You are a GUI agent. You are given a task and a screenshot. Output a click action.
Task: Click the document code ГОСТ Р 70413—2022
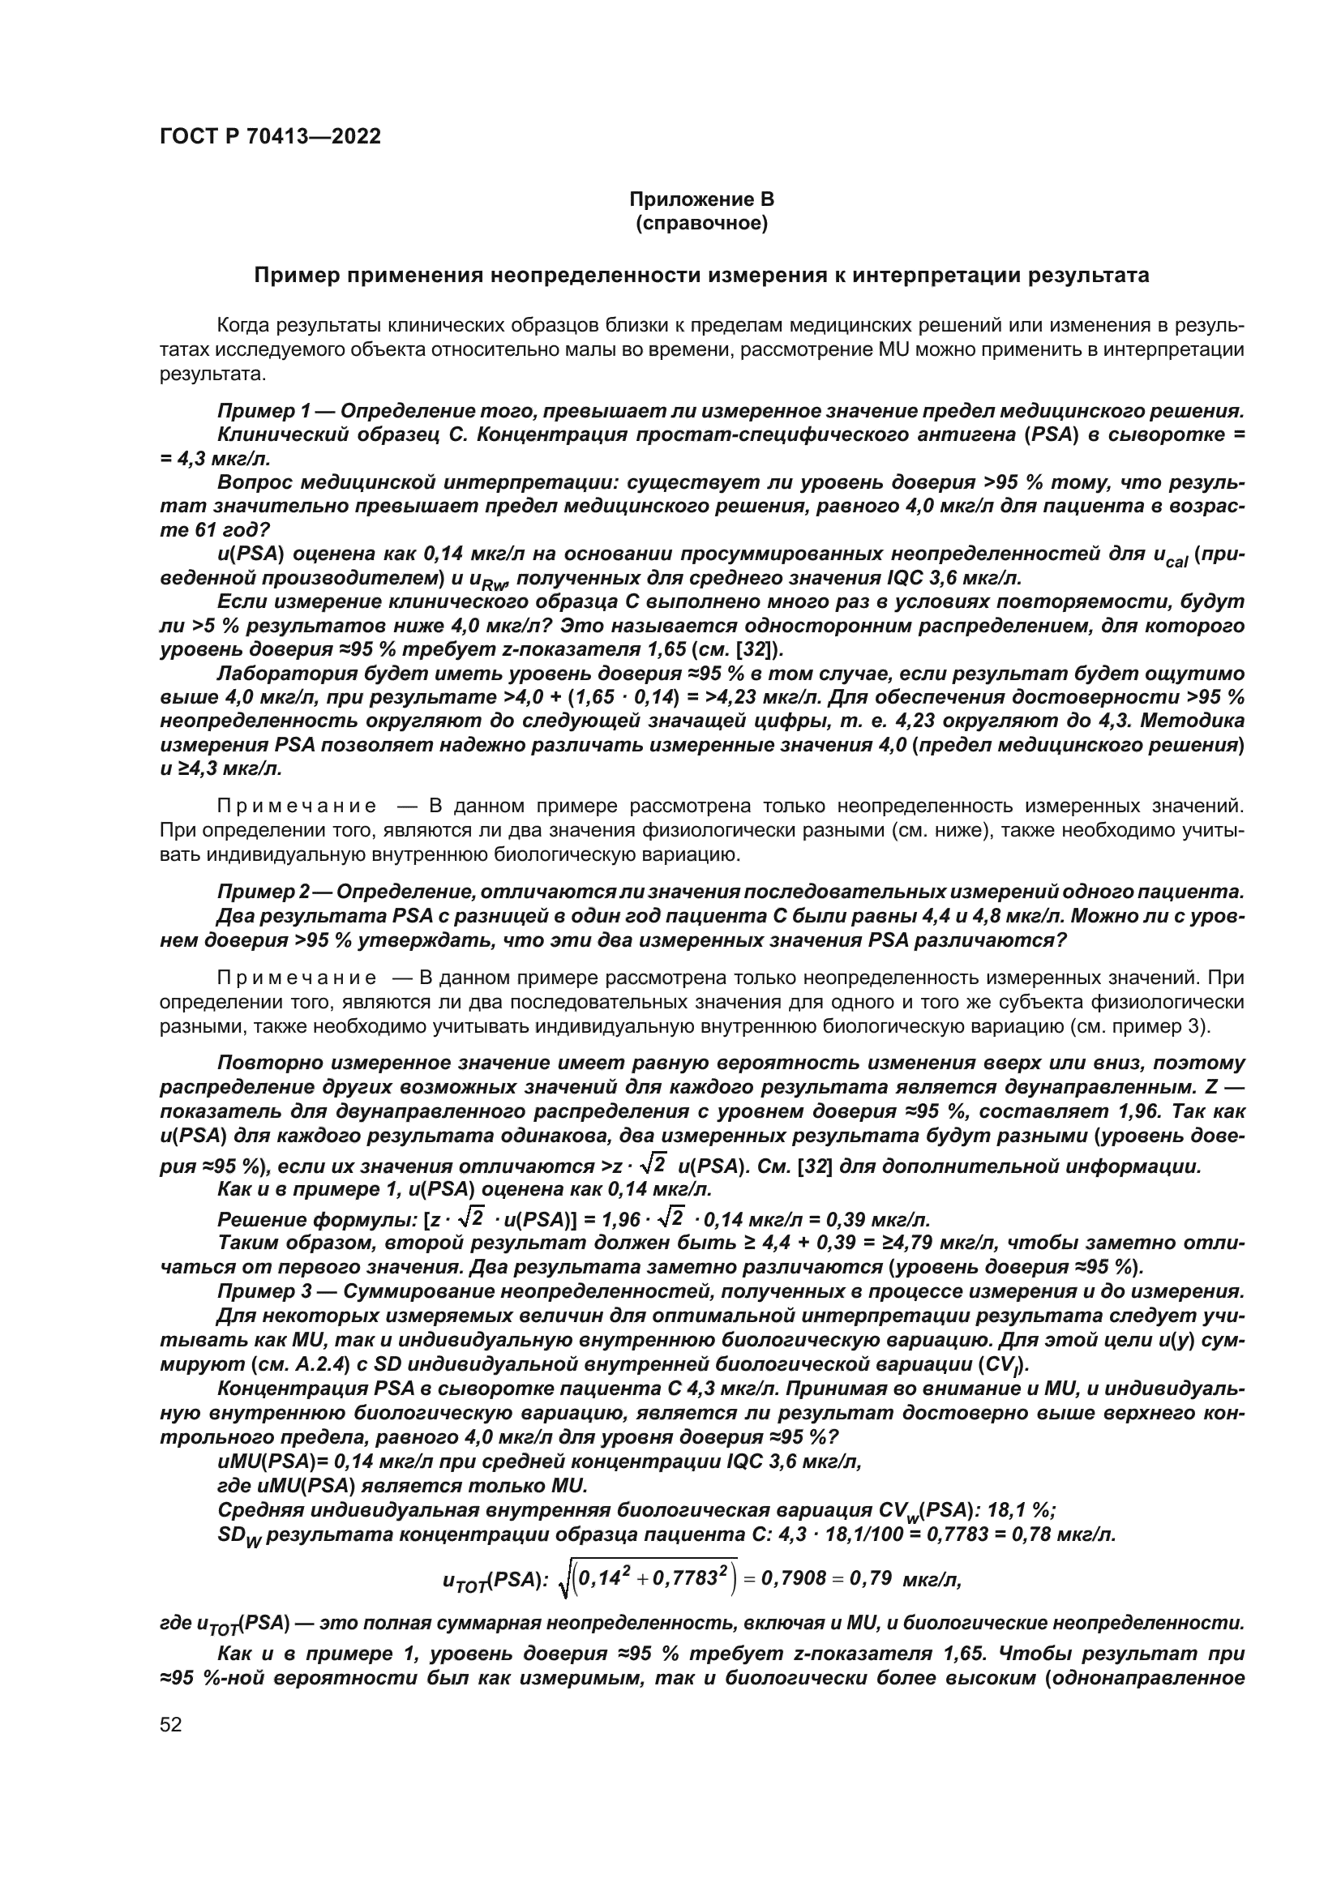(x=270, y=137)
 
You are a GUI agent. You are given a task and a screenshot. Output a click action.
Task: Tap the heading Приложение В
(x=701, y=199)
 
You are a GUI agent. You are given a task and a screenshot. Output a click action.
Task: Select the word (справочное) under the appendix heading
(x=701, y=224)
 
